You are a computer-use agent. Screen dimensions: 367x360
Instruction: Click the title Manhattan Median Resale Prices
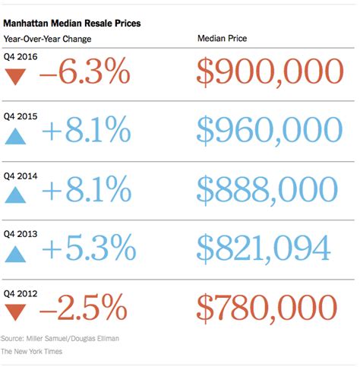(x=71, y=24)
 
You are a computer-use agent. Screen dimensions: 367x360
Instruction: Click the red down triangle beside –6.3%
(x=16, y=76)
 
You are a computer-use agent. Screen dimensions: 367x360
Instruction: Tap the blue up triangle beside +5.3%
(x=16, y=252)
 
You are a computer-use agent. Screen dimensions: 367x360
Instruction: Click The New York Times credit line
(x=32, y=351)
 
